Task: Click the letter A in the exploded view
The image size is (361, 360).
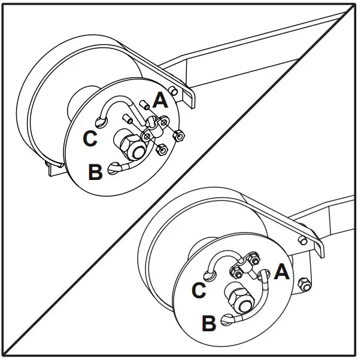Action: [160, 100]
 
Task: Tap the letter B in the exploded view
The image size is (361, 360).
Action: [95, 172]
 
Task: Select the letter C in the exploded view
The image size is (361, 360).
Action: [89, 139]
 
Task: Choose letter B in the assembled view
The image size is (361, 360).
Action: [208, 324]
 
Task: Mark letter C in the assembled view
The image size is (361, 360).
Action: [199, 291]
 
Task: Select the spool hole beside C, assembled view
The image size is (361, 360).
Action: [209, 275]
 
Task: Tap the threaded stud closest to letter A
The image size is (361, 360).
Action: [145, 105]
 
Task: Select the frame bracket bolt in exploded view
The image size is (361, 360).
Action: [174, 91]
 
